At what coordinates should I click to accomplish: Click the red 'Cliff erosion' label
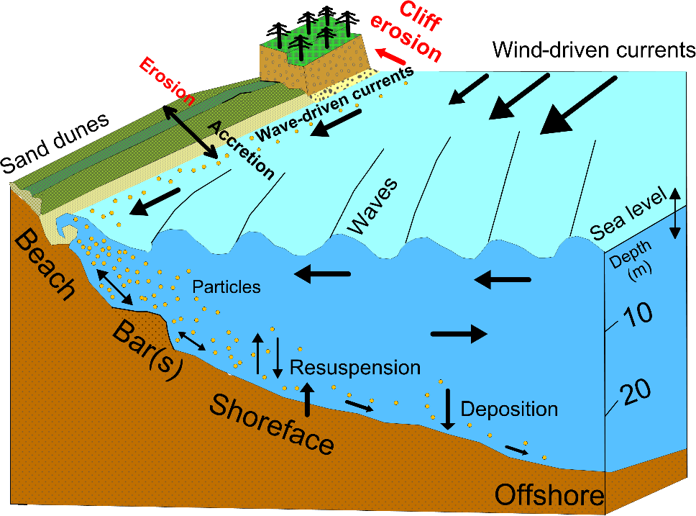406,32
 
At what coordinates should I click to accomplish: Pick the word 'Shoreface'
273,424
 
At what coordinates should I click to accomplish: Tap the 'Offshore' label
549,495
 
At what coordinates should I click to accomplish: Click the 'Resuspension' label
355,368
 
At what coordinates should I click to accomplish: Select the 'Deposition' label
509,409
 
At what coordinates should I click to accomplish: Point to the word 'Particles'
226,286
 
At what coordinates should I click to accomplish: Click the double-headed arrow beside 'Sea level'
675,213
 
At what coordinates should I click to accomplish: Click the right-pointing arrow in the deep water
459,332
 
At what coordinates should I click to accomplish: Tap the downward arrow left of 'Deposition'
448,409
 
